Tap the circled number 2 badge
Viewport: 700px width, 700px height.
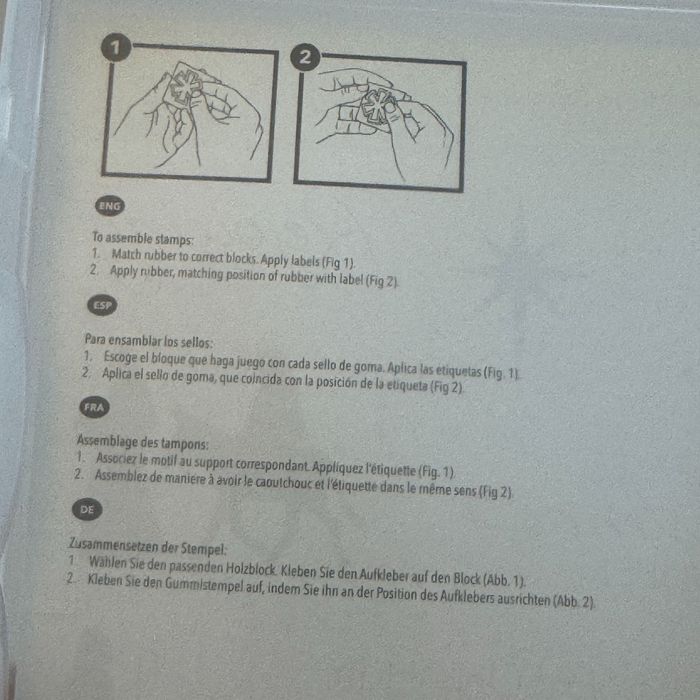coord(305,57)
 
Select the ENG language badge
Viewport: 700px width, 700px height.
coord(109,206)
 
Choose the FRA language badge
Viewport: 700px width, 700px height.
coord(95,407)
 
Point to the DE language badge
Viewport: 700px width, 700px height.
coord(87,509)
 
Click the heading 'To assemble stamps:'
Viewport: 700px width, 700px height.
coord(142,238)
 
